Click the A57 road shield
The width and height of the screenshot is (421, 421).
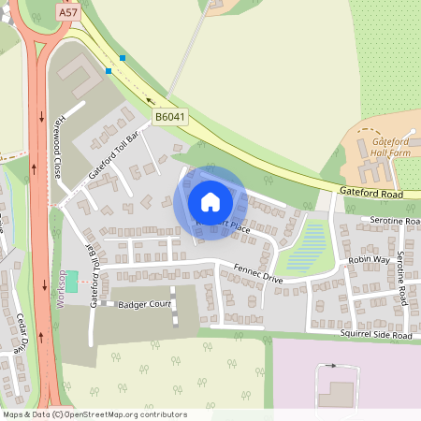[67, 13]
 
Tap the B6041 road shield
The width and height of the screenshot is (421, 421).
[169, 116]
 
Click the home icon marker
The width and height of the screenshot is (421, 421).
[210, 202]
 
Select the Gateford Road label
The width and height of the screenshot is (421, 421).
[371, 191]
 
